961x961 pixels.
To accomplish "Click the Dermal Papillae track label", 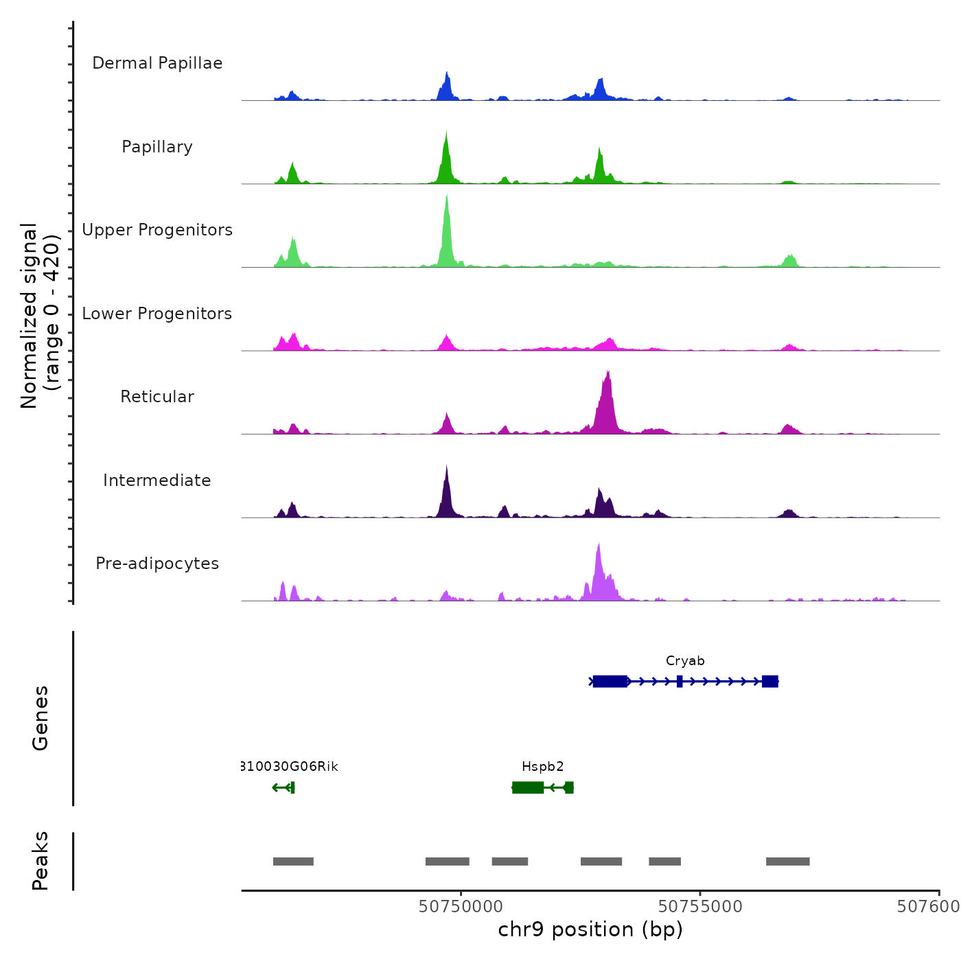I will [157, 63].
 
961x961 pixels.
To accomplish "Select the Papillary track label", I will [157, 147].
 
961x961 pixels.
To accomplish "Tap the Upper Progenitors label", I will [157, 230].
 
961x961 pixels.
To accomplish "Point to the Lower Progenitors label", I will [157, 314].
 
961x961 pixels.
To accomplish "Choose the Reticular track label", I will [157, 397].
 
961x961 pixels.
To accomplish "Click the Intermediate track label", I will [157, 480].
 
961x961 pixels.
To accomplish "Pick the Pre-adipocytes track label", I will [157, 564].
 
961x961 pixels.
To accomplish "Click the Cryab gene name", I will [685, 661].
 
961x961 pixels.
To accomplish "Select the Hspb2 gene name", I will [542, 767].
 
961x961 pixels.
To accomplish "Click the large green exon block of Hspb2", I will [528, 787].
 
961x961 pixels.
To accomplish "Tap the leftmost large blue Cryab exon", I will [610, 681].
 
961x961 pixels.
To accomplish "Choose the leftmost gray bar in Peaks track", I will [293, 861].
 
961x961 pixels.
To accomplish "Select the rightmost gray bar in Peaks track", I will [787, 861].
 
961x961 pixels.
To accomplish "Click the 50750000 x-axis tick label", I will [461, 907].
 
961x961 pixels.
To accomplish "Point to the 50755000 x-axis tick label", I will [700, 907].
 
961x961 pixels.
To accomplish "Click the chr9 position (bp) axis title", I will [590, 930].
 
